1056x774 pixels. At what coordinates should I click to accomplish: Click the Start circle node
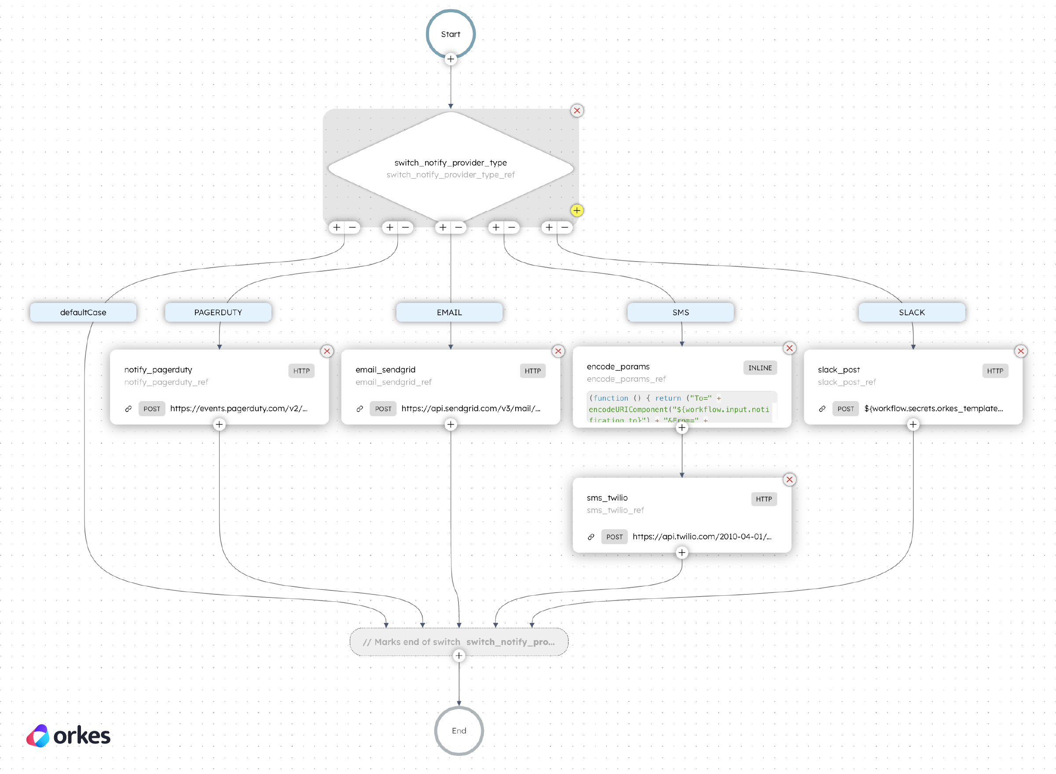pyautogui.click(x=451, y=34)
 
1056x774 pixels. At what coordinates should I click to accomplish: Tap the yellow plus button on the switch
pyautogui.click(x=576, y=210)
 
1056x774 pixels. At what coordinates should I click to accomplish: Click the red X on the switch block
pyautogui.click(x=576, y=111)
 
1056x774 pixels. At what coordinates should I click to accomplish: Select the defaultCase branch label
pyautogui.click(x=83, y=312)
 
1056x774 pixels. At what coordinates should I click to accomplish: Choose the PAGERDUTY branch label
pyautogui.click(x=218, y=312)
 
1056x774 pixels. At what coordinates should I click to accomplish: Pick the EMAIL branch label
pyautogui.click(x=449, y=312)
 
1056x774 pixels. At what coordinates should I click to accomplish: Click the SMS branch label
pyautogui.click(x=680, y=312)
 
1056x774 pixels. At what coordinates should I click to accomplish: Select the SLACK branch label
pyautogui.click(x=911, y=312)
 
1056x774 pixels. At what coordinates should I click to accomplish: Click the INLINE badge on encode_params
pyautogui.click(x=759, y=368)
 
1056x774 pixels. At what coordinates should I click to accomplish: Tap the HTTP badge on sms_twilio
pyautogui.click(x=763, y=499)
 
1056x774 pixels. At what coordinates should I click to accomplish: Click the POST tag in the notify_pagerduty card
pyautogui.click(x=152, y=409)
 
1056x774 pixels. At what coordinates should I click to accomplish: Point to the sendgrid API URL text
pyautogui.click(x=470, y=409)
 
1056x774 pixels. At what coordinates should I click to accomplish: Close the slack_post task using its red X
pyautogui.click(x=1020, y=351)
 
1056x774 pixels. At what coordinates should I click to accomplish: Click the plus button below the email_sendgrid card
pyautogui.click(x=451, y=424)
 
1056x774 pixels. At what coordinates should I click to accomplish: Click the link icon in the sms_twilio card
pyautogui.click(x=591, y=537)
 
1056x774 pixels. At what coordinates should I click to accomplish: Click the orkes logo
pyautogui.click(x=69, y=736)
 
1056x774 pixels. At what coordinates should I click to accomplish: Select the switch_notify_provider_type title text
pyautogui.click(x=451, y=162)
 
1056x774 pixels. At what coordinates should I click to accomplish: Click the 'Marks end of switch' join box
pyautogui.click(x=458, y=641)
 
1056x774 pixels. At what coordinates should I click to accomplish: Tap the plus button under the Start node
pyautogui.click(x=451, y=59)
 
